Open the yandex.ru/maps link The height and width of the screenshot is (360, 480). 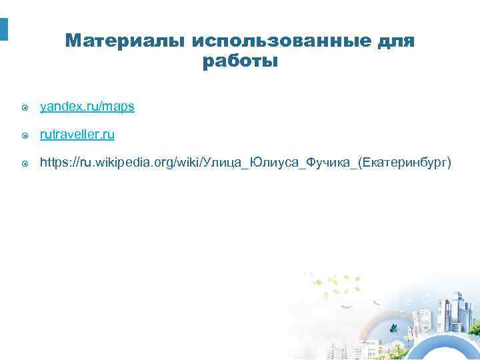click(x=87, y=107)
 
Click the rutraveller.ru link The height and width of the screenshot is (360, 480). click(x=77, y=135)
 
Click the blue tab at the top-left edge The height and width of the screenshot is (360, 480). click(x=3, y=29)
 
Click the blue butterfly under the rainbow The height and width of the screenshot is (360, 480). click(x=394, y=328)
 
